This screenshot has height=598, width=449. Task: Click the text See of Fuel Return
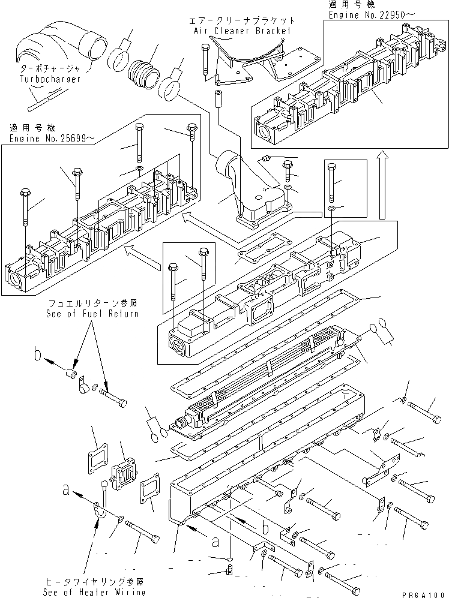(x=92, y=313)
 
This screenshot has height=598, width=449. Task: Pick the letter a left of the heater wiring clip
(x=65, y=490)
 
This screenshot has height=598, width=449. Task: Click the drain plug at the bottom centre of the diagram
(x=229, y=566)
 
